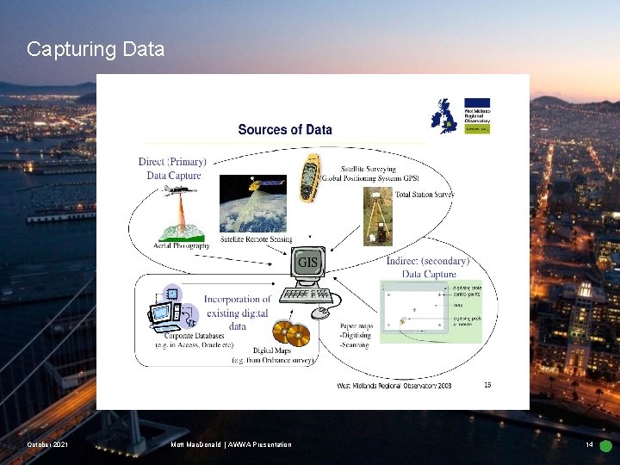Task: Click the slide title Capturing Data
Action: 96,49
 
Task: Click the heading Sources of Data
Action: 284,130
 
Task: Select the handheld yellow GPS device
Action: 311,178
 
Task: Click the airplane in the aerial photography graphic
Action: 179,190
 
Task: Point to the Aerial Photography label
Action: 181,245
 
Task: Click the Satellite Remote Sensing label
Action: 257,239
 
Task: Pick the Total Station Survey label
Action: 424,195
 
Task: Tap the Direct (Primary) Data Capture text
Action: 172,168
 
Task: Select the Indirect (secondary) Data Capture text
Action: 429,267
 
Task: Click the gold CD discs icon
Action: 290,333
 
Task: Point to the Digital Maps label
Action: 272,351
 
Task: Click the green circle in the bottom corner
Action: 605,446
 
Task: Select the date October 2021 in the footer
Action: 47,445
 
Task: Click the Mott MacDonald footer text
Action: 232,445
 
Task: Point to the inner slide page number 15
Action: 487,385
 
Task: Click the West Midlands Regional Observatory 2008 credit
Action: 394,386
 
